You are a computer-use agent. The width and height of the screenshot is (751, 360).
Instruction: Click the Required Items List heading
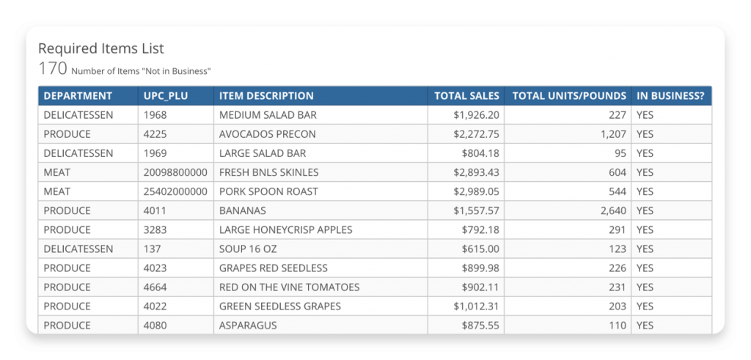(101, 48)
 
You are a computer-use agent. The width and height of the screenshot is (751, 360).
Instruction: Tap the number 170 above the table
(52, 70)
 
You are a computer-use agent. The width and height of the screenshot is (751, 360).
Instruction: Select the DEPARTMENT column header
(78, 96)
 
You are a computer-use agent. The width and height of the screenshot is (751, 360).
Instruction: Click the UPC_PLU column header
(166, 96)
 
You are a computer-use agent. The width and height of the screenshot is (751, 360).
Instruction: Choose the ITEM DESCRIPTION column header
(266, 96)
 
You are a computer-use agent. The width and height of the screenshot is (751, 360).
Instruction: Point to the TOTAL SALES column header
(466, 96)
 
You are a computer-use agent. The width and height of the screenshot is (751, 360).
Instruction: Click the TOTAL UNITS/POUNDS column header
(569, 96)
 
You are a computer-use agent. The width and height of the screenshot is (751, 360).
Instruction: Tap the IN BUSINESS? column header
(670, 96)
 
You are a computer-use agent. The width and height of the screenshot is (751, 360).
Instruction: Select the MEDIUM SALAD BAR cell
(268, 115)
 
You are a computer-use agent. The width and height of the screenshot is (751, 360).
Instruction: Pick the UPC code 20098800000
(175, 172)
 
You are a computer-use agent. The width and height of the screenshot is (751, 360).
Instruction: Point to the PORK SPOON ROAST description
(268, 191)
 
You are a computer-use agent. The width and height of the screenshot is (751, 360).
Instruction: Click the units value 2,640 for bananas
(612, 210)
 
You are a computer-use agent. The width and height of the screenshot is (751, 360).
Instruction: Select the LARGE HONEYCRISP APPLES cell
(285, 229)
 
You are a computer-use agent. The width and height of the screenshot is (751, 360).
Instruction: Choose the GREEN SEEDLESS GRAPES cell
(279, 306)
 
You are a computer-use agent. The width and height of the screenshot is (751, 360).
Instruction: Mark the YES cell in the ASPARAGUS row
(645, 325)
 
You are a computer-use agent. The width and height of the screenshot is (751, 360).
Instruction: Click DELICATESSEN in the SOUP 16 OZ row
(78, 249)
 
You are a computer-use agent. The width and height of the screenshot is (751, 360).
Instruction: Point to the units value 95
(618, 153)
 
